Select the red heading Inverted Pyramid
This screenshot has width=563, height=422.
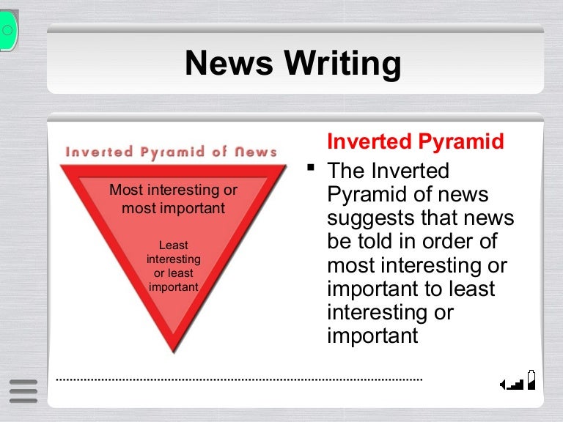click(415, 141)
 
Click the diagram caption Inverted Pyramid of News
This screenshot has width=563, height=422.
click(172, 152)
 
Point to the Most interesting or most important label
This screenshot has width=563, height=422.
click(173, 199)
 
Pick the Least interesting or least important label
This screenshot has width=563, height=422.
click(173, 267)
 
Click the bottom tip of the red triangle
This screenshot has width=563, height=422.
click(173, 350)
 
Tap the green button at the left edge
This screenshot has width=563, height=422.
click(7, 30)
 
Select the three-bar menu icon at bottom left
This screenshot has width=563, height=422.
click(23, 390)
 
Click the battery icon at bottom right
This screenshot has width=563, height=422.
click(531, 379)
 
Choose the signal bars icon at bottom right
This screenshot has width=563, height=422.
click(512, 382)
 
